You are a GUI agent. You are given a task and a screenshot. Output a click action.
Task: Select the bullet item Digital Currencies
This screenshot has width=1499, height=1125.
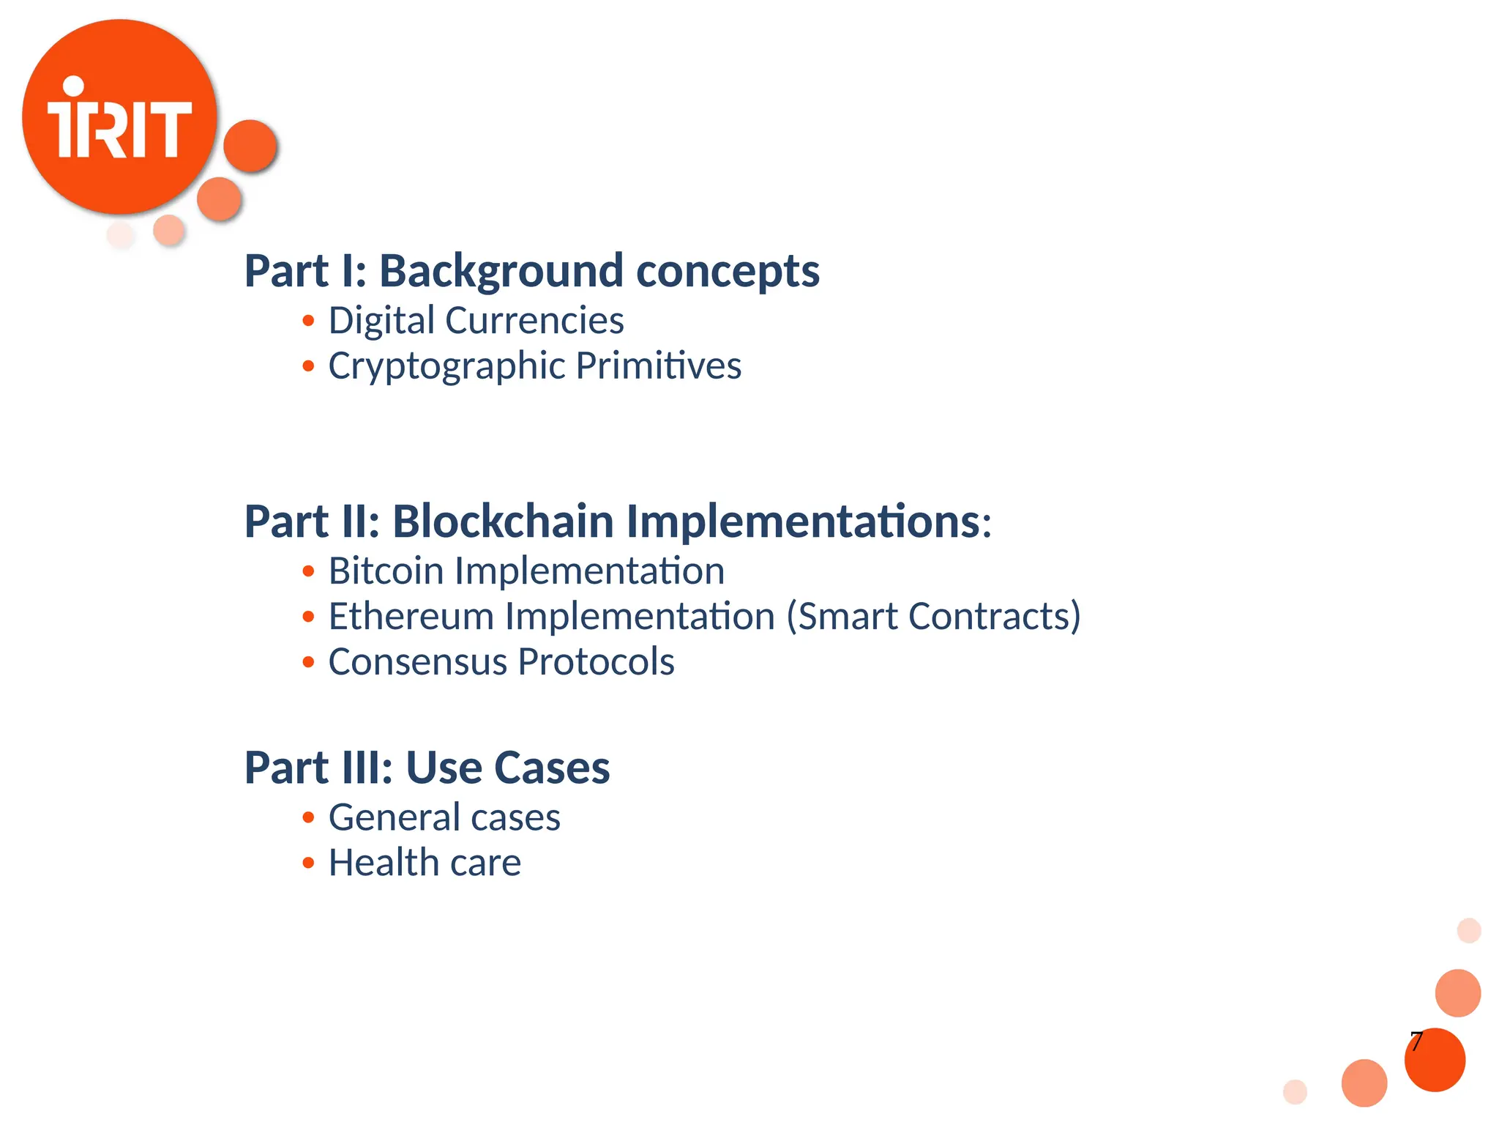[x=476, y=321]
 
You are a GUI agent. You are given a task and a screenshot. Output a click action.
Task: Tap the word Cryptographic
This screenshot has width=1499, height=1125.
[x=446, y=366]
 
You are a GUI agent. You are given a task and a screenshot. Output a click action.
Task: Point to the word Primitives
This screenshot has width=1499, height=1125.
[x=658, y=365]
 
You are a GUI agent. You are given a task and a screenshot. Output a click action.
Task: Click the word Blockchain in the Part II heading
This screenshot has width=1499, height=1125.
[x=503, y=521]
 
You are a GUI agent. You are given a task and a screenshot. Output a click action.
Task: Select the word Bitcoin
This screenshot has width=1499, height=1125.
[x=386, y=571]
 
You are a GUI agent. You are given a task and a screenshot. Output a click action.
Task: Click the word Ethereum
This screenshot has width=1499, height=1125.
[x=411, y=616]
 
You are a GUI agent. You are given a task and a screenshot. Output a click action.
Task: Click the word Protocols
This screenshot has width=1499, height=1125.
[x=596, y=661]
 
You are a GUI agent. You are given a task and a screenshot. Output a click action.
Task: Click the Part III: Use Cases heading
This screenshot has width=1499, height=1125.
[x=427, y=768]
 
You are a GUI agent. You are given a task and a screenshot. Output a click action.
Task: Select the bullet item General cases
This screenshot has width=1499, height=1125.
[x=444, y=817]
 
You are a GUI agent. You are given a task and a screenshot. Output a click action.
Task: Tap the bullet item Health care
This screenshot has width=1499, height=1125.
[x=425, y=863]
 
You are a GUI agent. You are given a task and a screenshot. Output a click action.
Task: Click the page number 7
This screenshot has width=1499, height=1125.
[x=1416, y=1041]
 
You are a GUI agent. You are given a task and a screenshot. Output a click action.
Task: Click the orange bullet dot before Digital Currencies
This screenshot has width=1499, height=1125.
[x=308, y=321]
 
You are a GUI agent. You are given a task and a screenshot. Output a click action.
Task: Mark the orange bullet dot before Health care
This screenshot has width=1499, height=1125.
[x=308, y=864]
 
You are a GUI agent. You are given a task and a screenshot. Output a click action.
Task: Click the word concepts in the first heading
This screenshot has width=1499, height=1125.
[x=728, y=271]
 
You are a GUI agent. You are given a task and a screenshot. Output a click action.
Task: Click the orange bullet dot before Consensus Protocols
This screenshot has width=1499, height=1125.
[x=308, y=662]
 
